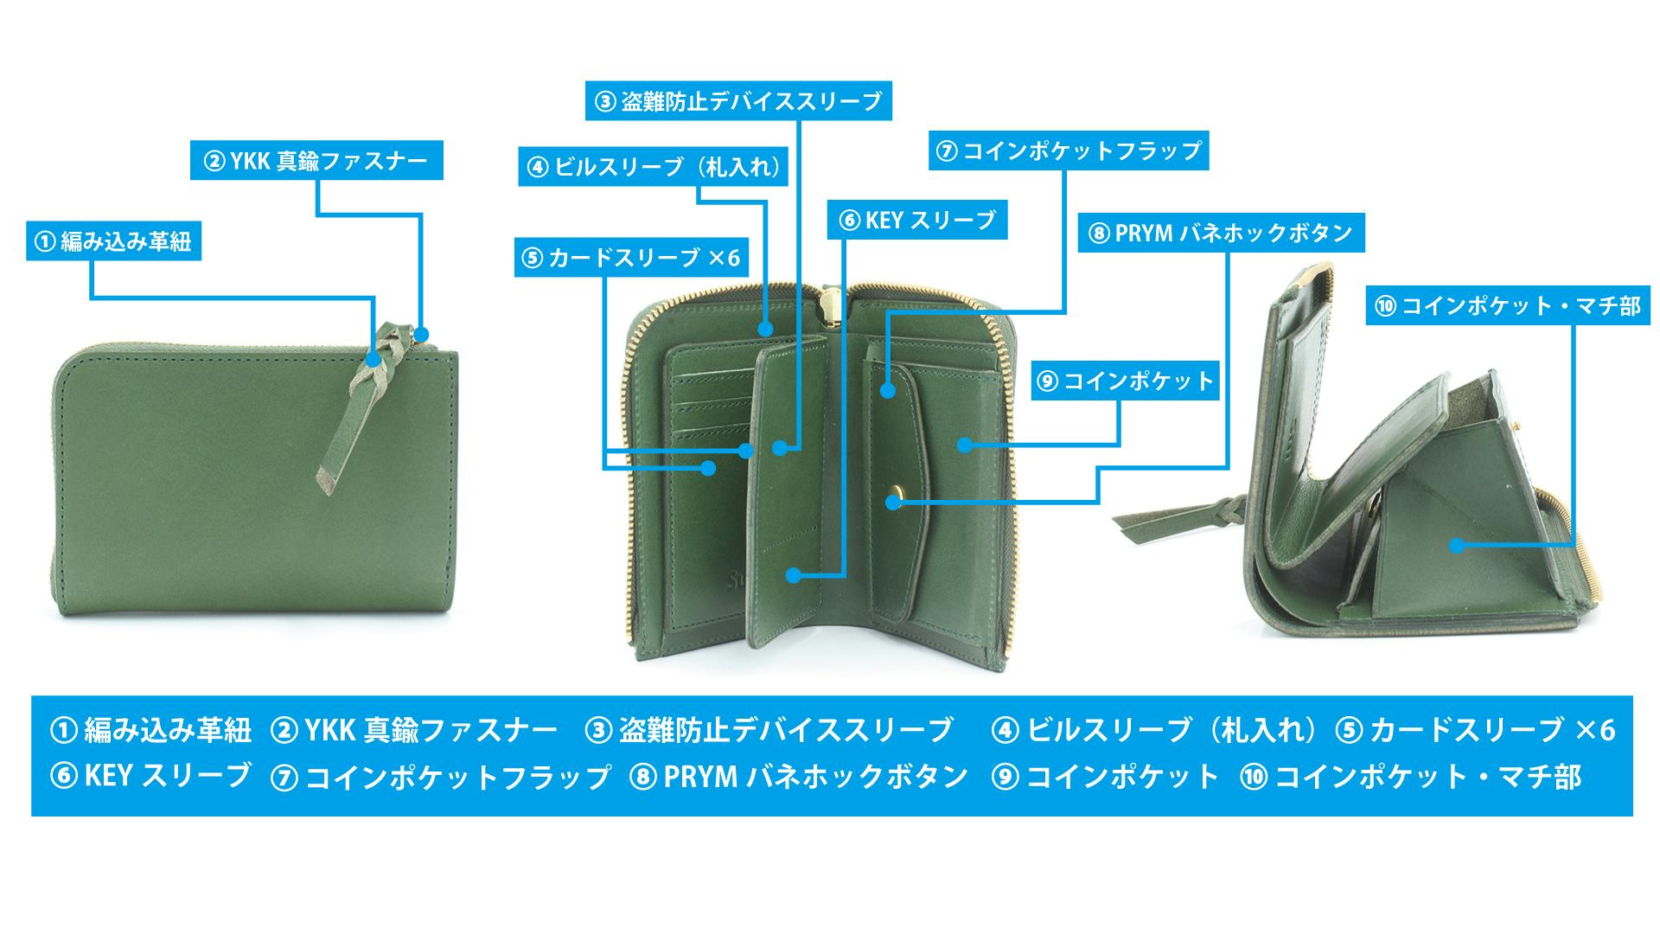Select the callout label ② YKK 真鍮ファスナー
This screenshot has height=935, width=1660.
(316, 161)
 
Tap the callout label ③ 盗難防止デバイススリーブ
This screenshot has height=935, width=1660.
(738, 101)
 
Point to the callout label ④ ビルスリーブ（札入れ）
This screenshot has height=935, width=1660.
(654, 166)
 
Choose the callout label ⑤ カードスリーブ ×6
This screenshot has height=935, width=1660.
(631, 257)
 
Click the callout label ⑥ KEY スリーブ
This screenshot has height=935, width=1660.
(917, 221)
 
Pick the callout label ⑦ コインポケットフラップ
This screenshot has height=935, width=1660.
(1069, 150)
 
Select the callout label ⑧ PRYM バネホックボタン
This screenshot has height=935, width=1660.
(1221, 233)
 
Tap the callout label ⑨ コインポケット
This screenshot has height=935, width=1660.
(1126, 381)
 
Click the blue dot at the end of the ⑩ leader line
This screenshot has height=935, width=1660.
(1457, 546)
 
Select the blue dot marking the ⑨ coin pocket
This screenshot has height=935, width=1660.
(964, 445)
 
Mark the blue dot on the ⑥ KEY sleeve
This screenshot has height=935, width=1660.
(791, 574)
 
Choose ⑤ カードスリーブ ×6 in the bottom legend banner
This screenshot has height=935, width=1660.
(1475, 731)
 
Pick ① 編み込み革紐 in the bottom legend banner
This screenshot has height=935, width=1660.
(150, 731)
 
